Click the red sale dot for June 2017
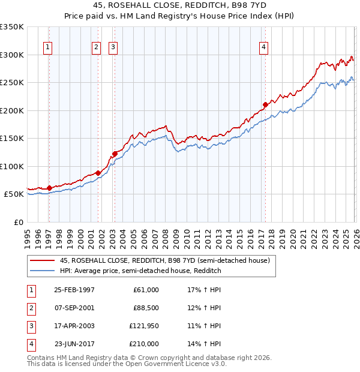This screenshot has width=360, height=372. click(265, 105)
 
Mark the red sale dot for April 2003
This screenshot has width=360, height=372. click(114, 154)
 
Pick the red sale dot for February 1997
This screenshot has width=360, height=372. click(49, 188)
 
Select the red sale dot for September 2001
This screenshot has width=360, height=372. click(98, 173)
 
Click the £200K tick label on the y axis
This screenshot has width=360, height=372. click(12, 110)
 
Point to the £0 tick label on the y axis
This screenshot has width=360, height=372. click(18, 222)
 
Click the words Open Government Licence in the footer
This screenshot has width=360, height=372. click(169, 364)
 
